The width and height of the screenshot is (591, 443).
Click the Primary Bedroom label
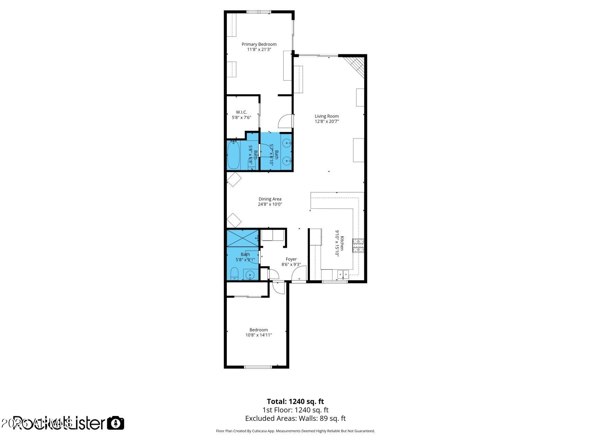(x=259, y=44)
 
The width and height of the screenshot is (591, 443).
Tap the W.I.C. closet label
(x=241, y=112)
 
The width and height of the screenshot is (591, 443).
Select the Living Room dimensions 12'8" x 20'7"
(x=326, y=121)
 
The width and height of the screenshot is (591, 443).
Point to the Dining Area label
(x=270, y=199)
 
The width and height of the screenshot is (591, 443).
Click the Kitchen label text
(x=342, y=243)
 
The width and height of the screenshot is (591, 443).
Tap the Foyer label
(x=291, y=259)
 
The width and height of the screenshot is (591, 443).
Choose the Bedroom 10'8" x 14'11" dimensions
(x=259, y=335)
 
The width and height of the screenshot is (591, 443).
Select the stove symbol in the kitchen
(x=358, y=245)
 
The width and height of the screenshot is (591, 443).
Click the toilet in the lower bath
(x=234, y=273)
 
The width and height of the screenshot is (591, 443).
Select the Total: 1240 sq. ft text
(x=295, y=401)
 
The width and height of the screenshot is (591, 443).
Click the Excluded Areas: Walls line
(x=295, y=418)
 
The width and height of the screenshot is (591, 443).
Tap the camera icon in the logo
(x=115, y=423)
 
